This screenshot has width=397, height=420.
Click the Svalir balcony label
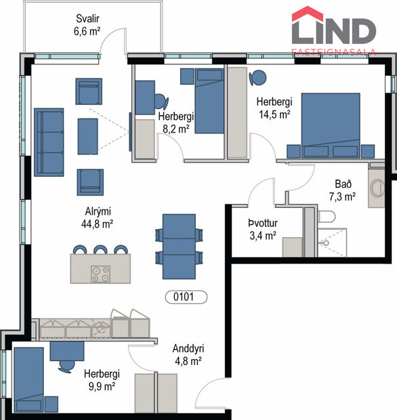pos(87,18)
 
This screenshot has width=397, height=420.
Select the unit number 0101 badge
pos(186,297)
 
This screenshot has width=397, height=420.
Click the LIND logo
pos(333,30)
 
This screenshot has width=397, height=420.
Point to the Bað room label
pos(343,184)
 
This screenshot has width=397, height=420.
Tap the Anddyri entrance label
pos(188,348)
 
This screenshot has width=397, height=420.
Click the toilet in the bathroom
pos(326,217)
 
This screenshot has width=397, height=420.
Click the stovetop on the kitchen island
pos(101,273)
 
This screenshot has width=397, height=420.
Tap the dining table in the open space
pos(180,246)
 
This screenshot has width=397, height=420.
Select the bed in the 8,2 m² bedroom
pos(209,101)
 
